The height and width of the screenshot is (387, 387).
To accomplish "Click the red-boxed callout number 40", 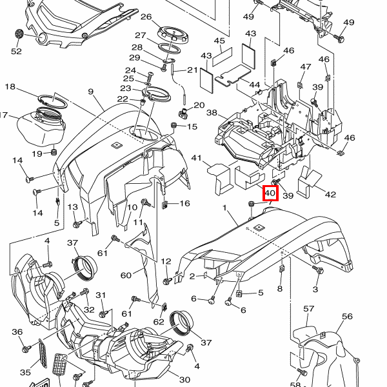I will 270,192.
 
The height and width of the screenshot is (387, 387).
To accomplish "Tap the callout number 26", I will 146,17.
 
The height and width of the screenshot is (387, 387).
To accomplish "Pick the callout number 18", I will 10,86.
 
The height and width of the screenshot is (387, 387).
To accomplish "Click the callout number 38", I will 212,113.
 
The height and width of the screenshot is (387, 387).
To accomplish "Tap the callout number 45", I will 219,42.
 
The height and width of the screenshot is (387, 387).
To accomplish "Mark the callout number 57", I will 309,310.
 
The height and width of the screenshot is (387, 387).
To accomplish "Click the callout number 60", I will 126,275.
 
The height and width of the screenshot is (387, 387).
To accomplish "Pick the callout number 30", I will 184,379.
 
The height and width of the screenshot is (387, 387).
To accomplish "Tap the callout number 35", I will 25,372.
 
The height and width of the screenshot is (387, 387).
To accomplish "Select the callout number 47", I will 306,67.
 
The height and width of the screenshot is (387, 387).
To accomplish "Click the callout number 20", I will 199,105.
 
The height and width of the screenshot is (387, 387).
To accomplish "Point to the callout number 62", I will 159,321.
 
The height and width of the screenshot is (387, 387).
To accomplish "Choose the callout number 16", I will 184,204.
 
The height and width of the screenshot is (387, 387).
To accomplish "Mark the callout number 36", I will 17,332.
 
